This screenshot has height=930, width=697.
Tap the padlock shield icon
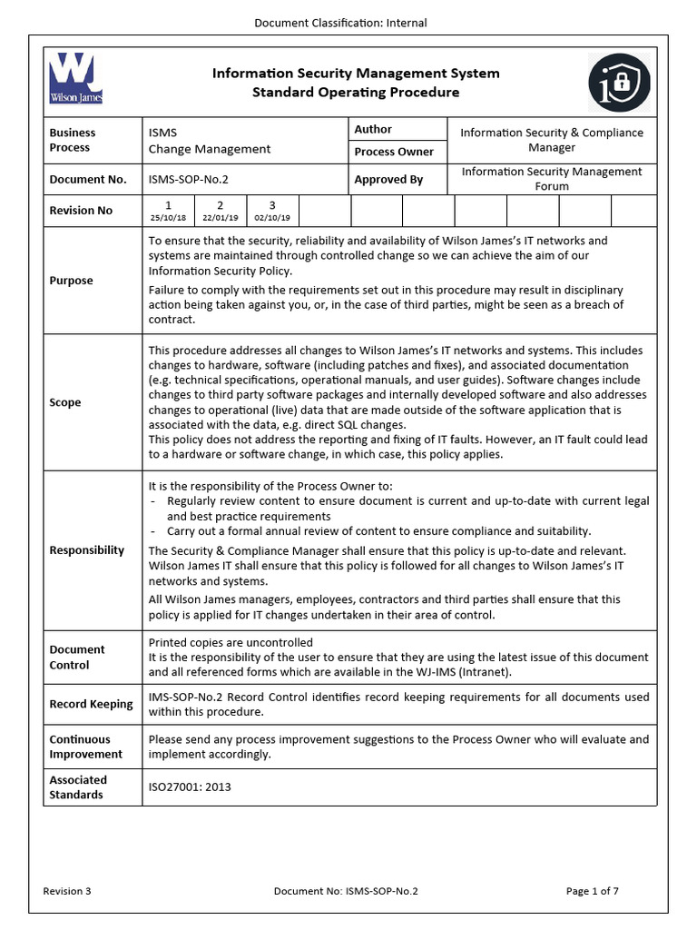(x=619, y=79)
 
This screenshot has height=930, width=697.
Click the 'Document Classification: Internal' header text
(x=340, y=23)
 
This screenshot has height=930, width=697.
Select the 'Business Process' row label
(x=72, y=140)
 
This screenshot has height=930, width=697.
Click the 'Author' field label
(x=373, y=130)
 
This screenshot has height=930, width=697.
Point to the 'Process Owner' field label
(x=394, y=152)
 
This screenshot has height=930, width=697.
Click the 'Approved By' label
(x=388, y=180)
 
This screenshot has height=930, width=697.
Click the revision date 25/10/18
(x=169, y=218)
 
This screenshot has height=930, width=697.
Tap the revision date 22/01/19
(x=221, y=218)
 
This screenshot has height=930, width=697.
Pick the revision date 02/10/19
(x=272, y=218)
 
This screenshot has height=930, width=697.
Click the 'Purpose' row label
(x=71, y=281)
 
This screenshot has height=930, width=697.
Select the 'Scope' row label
(x=64, y=402)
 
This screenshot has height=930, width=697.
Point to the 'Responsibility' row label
(x=87, y=550)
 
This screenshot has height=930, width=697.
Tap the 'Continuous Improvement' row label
(x=85, y=747)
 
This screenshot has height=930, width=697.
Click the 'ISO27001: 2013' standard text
(x=190, y=787)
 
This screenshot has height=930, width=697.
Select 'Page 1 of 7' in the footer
(x=592, y=891)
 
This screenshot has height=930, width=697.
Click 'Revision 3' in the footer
(x=67, y=891)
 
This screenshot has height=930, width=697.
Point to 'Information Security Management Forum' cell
(x=551, y=179)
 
